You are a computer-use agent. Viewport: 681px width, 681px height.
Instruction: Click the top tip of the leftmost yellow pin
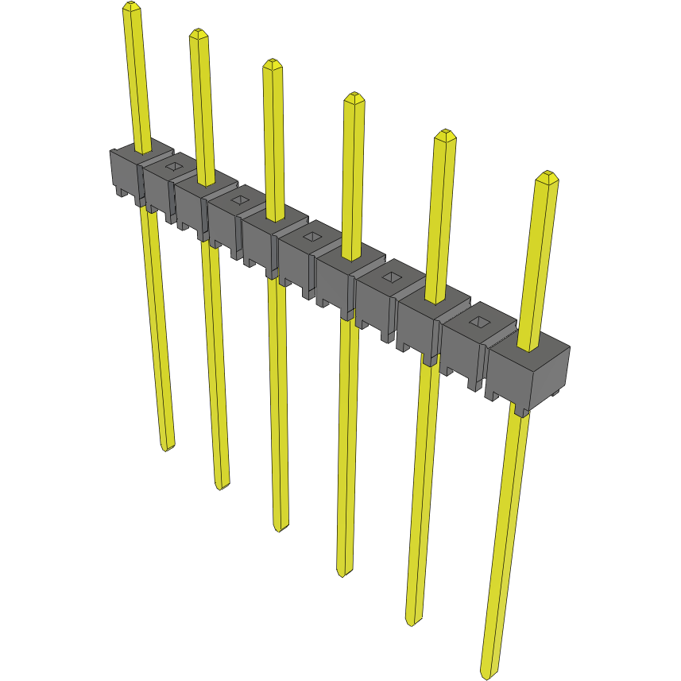tap(132, 6)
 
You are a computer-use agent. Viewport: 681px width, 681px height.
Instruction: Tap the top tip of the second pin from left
tap(199, 33)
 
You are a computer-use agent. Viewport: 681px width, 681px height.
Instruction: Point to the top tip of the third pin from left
tap(273, 63)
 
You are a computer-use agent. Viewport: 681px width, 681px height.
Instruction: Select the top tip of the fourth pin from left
tap(354, 97)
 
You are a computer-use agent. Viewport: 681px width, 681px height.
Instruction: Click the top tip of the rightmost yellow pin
tap(545, 175)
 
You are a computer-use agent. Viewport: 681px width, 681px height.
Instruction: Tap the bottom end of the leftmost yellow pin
tap(167, 447)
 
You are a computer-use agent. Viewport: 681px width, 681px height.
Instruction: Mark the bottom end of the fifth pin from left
tap(412, 621)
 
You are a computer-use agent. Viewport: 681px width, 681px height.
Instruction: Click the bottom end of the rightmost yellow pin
tap(488, 674)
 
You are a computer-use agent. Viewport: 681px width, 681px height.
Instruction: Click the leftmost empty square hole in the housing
tap(173, 166)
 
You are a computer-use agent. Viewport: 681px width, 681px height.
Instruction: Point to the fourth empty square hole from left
tap(391, 277)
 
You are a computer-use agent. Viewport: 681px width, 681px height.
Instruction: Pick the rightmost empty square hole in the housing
tap(478, 322)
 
